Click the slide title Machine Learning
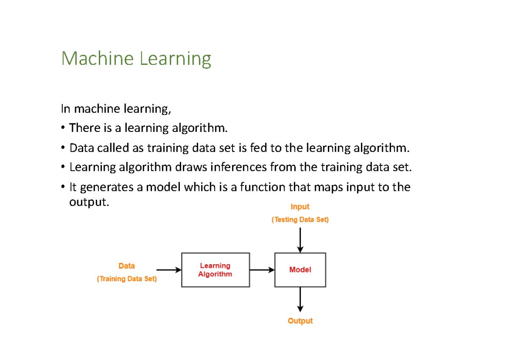(136, 59)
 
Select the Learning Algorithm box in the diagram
(215, 270)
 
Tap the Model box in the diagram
(300, 270)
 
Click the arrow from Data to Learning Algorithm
(169, 270)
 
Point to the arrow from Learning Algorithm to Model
(262, 270)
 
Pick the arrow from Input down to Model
(300, 240)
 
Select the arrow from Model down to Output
(300, 299)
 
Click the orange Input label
(300, 207)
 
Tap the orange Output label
(300, 321)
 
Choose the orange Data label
(127, 266)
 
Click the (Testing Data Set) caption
(300, 220)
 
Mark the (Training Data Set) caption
(127, 279)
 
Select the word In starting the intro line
(65, 109)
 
